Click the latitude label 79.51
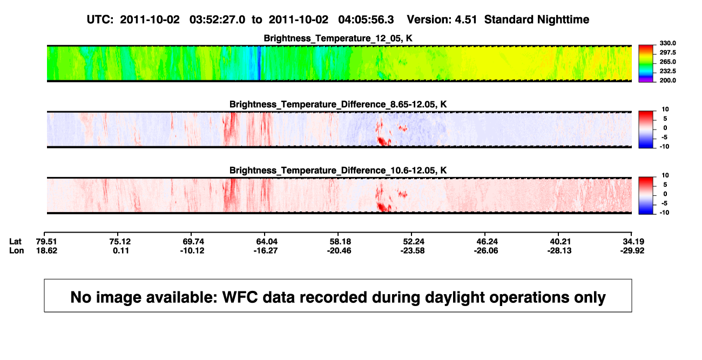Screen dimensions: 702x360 click(46, 242)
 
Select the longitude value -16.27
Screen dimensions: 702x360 click(266, 250)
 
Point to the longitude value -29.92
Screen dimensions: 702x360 click(632, 250)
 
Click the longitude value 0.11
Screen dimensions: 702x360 click(121, 250)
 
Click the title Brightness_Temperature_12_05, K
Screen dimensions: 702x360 click(338, 38)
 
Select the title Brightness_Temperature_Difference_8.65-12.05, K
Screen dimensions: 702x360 click(338, 104)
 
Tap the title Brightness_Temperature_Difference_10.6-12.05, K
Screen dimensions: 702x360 click(338, 171)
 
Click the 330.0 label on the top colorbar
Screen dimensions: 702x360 click(667, 43)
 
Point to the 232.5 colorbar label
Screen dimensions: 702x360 click(667, 71)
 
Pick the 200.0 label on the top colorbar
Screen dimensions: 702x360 click(667, 80)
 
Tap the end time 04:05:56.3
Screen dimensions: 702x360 click(366, 20)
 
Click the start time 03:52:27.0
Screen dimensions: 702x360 click(217, 20)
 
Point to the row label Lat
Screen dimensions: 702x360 click(15, 242)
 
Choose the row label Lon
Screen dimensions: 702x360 click(16, 250)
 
